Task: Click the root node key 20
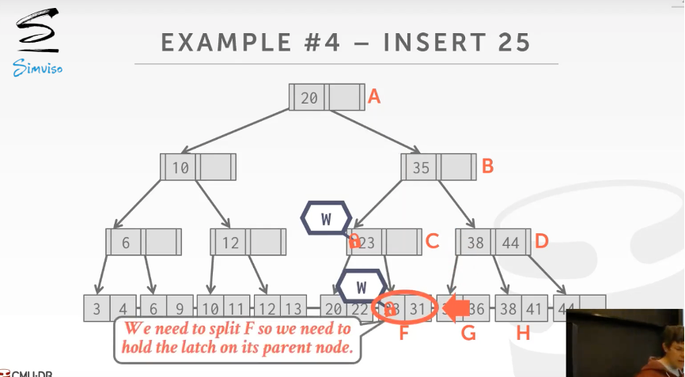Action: coord(309,98)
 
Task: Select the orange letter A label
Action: coord(375,96)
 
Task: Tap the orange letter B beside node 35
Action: coord(488,166)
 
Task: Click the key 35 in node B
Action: coord(421,168)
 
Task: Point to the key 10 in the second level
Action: coord(180,168)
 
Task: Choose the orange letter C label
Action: coord(432,241)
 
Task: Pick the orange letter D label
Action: coord(542,241)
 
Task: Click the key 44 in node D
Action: coord(511,243)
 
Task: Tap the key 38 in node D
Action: coord(475,243)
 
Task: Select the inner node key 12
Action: coord(229,243)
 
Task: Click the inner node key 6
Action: coord(126,243)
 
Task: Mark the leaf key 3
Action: coord(97,309)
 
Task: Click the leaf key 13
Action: coord(292,309)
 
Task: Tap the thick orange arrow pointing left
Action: coord(456,308)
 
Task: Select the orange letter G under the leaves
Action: coord(468,334)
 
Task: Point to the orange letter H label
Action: coord(523,334)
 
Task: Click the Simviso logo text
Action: coord(37,70)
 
